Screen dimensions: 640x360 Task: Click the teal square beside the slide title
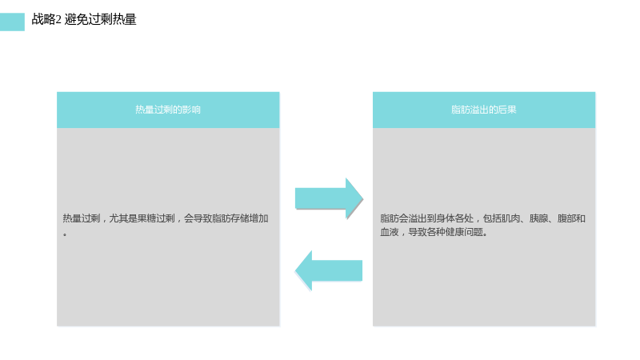12,22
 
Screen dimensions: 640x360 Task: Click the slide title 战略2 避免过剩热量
84,19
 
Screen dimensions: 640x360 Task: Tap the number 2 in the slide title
58,19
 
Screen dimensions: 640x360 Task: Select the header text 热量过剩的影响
168,110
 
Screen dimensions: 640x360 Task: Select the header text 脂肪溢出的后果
484,110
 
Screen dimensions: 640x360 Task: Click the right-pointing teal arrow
329,198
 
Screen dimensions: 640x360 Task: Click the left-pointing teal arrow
329,270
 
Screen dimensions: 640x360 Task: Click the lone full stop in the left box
65,234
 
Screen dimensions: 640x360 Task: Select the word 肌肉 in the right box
510,218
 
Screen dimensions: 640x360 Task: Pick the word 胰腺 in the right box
538,218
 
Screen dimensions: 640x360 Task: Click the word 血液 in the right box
390,232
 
